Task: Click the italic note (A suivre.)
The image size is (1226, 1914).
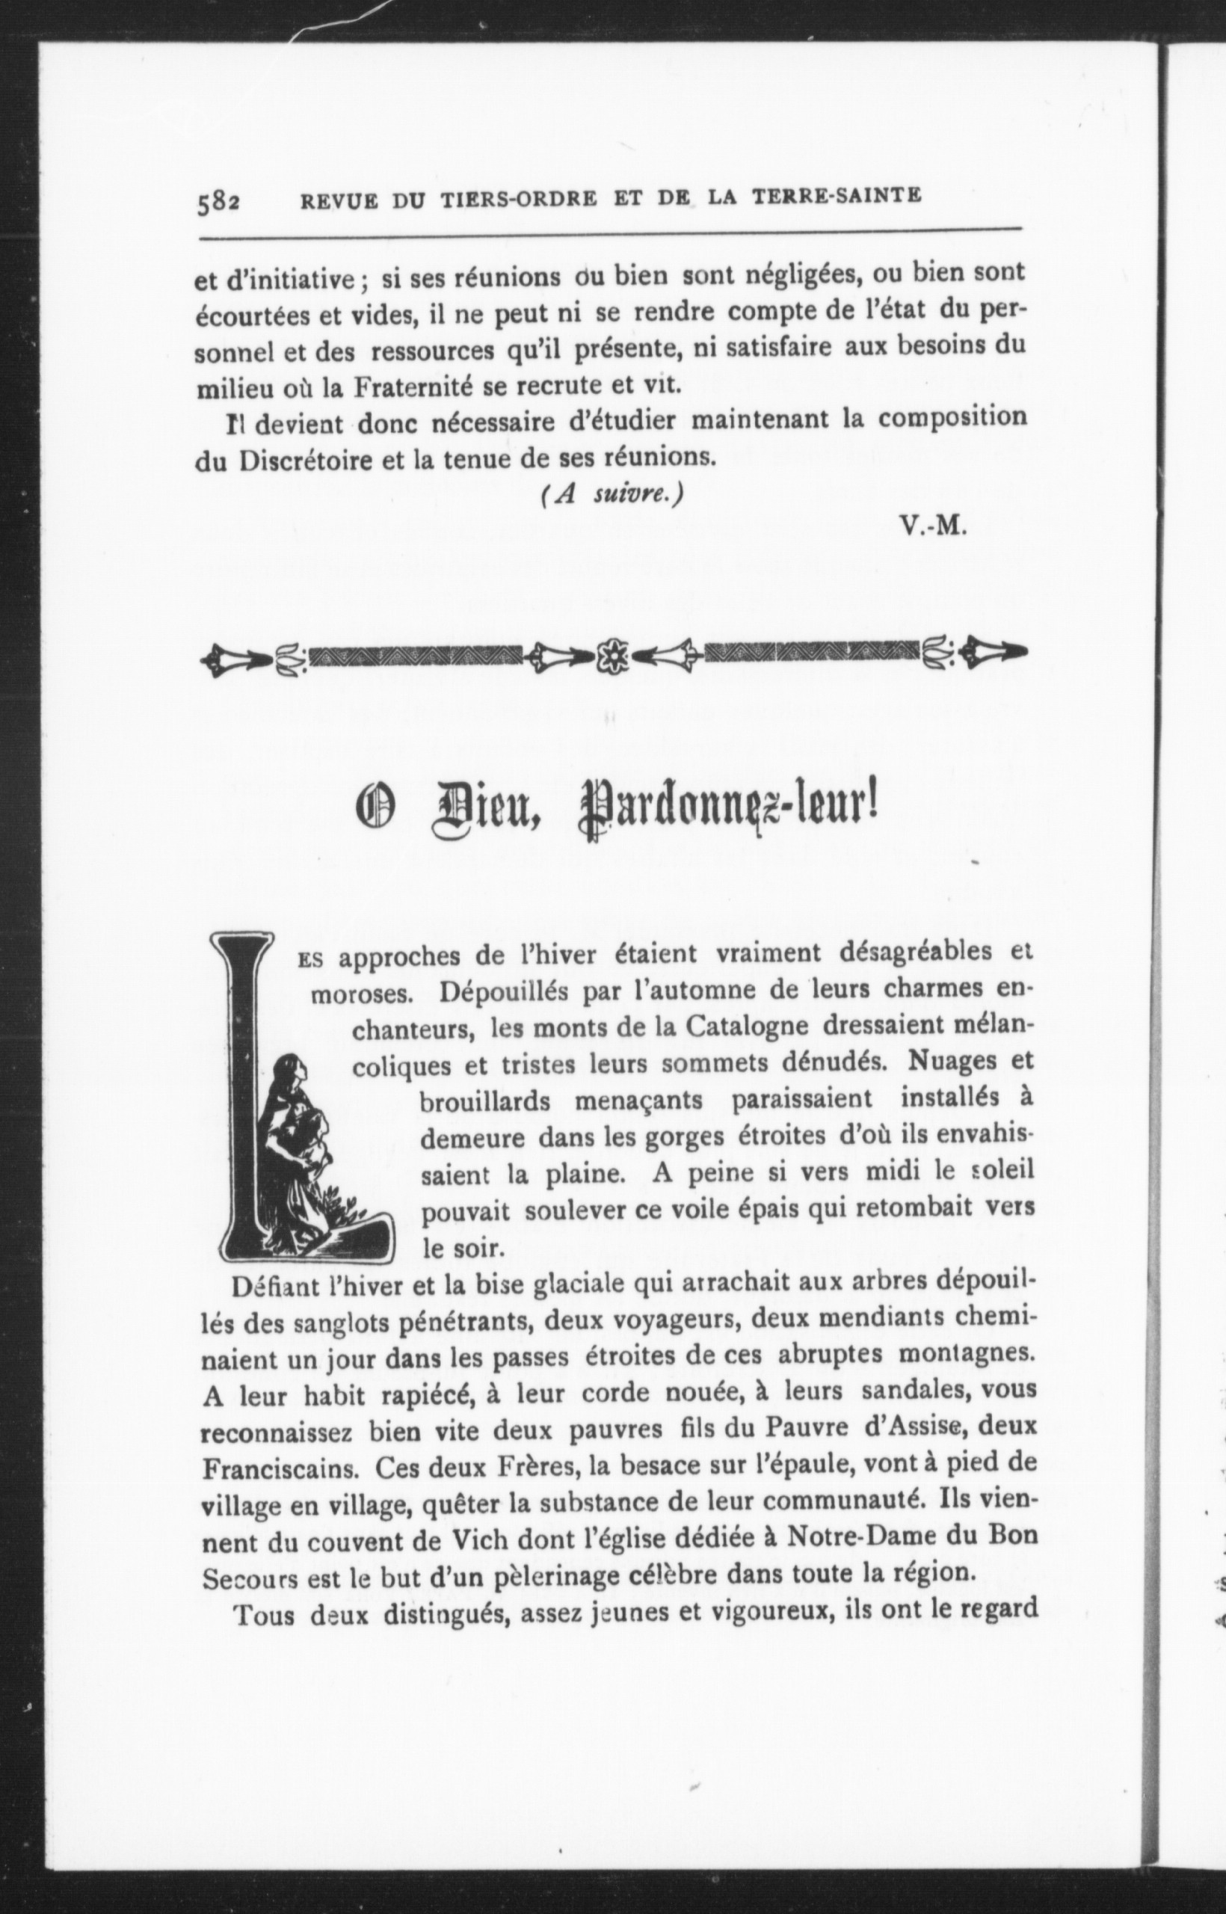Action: [612, 493]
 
